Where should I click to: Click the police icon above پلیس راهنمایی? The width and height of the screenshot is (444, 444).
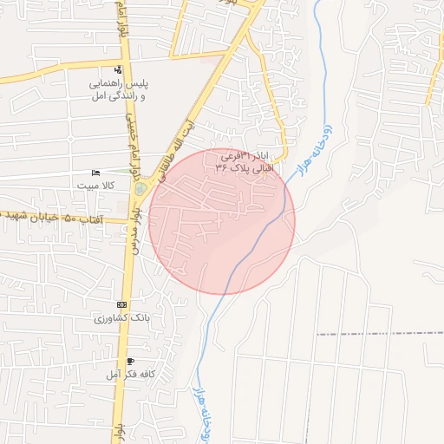tap(118, 70)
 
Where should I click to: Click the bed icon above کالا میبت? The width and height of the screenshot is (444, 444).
tap(95, 173)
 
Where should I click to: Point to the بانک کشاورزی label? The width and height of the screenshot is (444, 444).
tap(121, 318)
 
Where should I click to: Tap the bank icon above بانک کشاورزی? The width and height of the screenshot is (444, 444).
tap(121, 305)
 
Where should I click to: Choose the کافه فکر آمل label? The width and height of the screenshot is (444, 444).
tap(130, 374)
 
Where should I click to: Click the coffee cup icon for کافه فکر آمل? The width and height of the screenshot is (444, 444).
tap(130, 361)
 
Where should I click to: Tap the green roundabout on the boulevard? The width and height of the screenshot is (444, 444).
tap(140, 187)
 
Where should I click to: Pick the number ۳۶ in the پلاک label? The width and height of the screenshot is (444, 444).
tap(222, 167)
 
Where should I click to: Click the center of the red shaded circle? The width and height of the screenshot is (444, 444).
tap(222, 221)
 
